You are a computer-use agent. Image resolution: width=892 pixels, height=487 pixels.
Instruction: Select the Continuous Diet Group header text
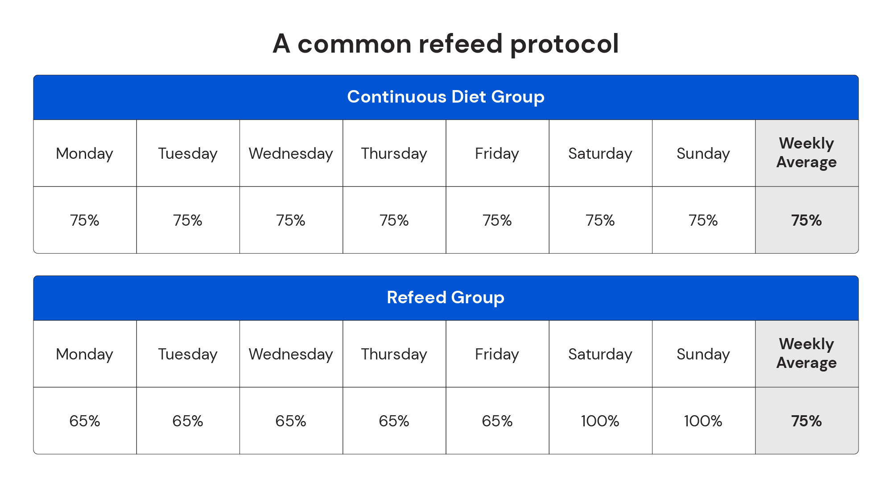click(x=446, y=97)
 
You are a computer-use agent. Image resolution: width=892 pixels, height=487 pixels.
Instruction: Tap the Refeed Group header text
click(x=446, y=297)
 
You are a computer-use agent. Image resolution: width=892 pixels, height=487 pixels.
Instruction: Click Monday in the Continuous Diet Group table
click(x=85, y=153)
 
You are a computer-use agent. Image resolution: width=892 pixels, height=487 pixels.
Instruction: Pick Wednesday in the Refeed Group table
click(x=291, y=354)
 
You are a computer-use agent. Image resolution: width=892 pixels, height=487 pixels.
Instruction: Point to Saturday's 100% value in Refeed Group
click(x=600, y=421)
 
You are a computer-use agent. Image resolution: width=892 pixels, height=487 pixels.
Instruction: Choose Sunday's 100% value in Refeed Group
click(x=703, y=421)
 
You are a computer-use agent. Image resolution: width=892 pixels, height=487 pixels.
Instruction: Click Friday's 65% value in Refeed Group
click(x=497, y=421)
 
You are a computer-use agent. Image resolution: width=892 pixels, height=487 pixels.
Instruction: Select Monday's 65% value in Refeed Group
click(x=85, y=421)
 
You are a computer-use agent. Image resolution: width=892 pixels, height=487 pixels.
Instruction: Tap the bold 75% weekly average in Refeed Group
click(x=806, y=421)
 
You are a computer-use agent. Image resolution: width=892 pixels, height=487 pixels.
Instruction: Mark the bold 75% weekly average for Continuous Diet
click(x=806, y=220)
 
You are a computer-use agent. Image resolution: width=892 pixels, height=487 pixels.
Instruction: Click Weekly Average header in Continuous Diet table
click(x=806, y=153)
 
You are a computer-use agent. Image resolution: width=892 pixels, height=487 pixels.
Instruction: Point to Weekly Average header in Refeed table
click(x=806, y=353)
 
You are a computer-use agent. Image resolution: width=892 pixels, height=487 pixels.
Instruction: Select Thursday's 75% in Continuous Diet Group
click(x=394, y=220)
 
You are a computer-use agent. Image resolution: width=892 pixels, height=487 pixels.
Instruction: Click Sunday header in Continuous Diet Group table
click(x=703, y=153)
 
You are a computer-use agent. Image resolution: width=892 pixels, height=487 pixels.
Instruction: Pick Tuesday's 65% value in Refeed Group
click(x=188, y=421)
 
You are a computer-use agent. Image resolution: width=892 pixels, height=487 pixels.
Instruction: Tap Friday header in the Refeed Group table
click(x=497, y=354)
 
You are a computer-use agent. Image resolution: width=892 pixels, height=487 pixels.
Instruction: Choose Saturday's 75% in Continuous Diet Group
click(x=600, y=220)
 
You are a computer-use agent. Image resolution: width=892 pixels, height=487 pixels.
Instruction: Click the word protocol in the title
click(x=564, y=44)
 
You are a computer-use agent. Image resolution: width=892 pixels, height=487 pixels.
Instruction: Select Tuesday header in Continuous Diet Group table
click(x=188, y=153)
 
